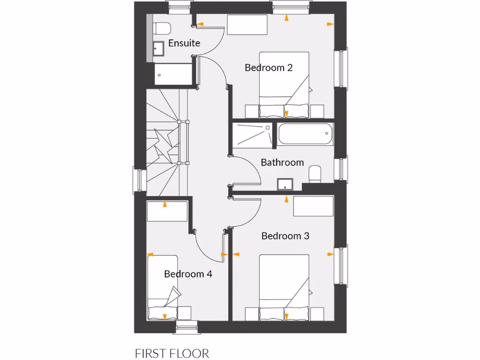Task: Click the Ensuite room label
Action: (x=184, y=43)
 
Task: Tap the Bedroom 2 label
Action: (x=269, y=67)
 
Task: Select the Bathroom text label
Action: (x=282, y=163)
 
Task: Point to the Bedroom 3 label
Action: (x=285, y=236)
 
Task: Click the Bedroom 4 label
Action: (x=188, y=274)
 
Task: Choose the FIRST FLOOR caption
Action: (x=172, y=353)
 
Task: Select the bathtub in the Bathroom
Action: (x=305, y=134)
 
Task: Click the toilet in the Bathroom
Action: (x=315, y=174)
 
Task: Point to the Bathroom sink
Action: (x=285, y=184)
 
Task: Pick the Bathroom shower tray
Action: (x=253, y=134)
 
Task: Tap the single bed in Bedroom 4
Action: (x=163, y=287)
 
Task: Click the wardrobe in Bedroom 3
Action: (x=313, y=206)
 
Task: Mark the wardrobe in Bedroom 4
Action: (x=167, y=211)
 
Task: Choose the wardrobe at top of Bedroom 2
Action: (x=247, y=24)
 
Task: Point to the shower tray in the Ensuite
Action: (x=173, y=74)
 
